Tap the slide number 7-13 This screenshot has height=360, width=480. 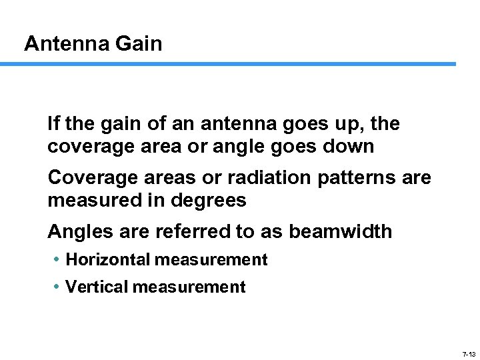(x=469, y=354)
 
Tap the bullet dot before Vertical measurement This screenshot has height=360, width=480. (x=57, y=287)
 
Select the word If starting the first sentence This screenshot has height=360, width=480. (x=53, y=124)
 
